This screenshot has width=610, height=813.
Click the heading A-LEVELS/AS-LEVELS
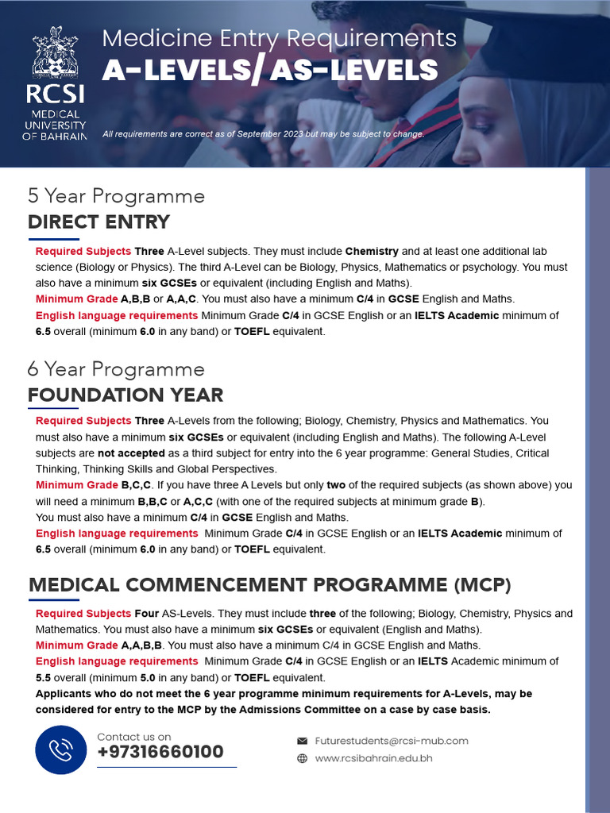(x=270, y=71)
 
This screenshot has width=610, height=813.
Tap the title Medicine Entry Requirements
(x=280, y=38)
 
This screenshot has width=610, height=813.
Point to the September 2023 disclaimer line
(x=264, y=134)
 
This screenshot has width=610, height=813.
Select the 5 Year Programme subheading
(x=116, y=196)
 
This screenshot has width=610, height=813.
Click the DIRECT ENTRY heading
(x=98, y=222)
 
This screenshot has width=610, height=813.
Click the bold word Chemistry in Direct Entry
(x=372, y=252)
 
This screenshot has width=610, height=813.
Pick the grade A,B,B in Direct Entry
(x=135, y=299)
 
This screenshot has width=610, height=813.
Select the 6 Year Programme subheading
(x=116, y=369)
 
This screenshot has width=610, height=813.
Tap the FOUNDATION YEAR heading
(x=125, y=395)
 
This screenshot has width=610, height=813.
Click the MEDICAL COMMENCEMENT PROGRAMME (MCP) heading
(x=270, y=585)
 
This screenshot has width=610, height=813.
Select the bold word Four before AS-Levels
(x=146, y=614)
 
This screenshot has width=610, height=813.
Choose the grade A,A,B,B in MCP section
(x=141, y=645)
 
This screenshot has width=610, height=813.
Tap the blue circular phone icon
(x=60, y=749)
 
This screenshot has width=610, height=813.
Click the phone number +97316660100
(x=160, y=752)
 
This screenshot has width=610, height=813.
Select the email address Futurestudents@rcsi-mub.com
(x=392, y=741)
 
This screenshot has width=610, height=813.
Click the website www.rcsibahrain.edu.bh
(x=373, y=758)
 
